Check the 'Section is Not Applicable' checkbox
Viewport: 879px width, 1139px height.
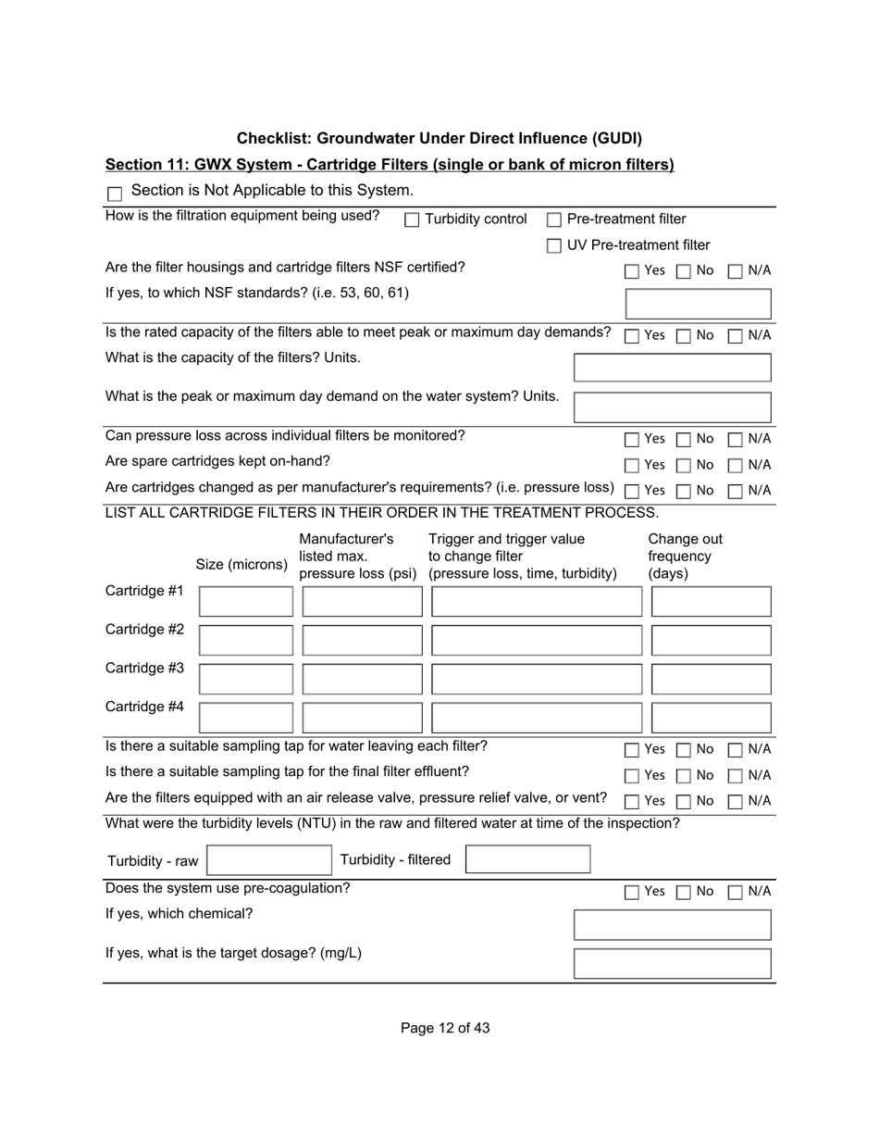[x=116, y=194]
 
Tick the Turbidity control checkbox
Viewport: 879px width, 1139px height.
[x=413, y=220]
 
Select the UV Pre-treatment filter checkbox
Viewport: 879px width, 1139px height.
[x=554, y=246]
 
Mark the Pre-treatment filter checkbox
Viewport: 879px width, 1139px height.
[x=554, y=220]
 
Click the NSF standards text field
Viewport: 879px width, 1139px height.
[x=699, y=304]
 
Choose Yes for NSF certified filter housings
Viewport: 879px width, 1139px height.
[x=632, y=272]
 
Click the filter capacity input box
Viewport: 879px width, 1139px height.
[x=673, y=368]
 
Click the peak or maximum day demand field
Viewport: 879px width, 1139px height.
[x=673, y=407]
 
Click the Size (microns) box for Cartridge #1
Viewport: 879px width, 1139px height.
[x=246, y=602]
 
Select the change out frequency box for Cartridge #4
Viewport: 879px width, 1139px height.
[x=711, y=718]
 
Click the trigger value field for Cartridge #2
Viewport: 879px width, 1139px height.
[x=536, y=641]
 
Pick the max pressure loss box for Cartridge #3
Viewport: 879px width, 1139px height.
[x=362, y=680]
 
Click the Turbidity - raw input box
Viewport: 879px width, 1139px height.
[x=268, y=860]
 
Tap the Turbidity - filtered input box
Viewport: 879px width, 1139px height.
[x=527, y=860]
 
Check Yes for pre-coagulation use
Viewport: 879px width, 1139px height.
[x=632, y=893]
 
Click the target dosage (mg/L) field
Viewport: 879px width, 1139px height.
[x=673, y=963]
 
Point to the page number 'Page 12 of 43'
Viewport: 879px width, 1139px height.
[x=445, y=1028]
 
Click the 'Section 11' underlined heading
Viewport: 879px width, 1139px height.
[x=390, y=165]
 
